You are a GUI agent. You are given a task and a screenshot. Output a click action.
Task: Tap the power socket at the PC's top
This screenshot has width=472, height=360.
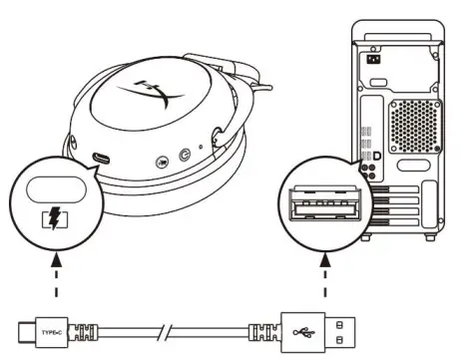(x=376, y=59)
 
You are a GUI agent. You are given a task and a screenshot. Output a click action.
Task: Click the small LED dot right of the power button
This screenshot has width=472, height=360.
(x=200, y=152)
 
